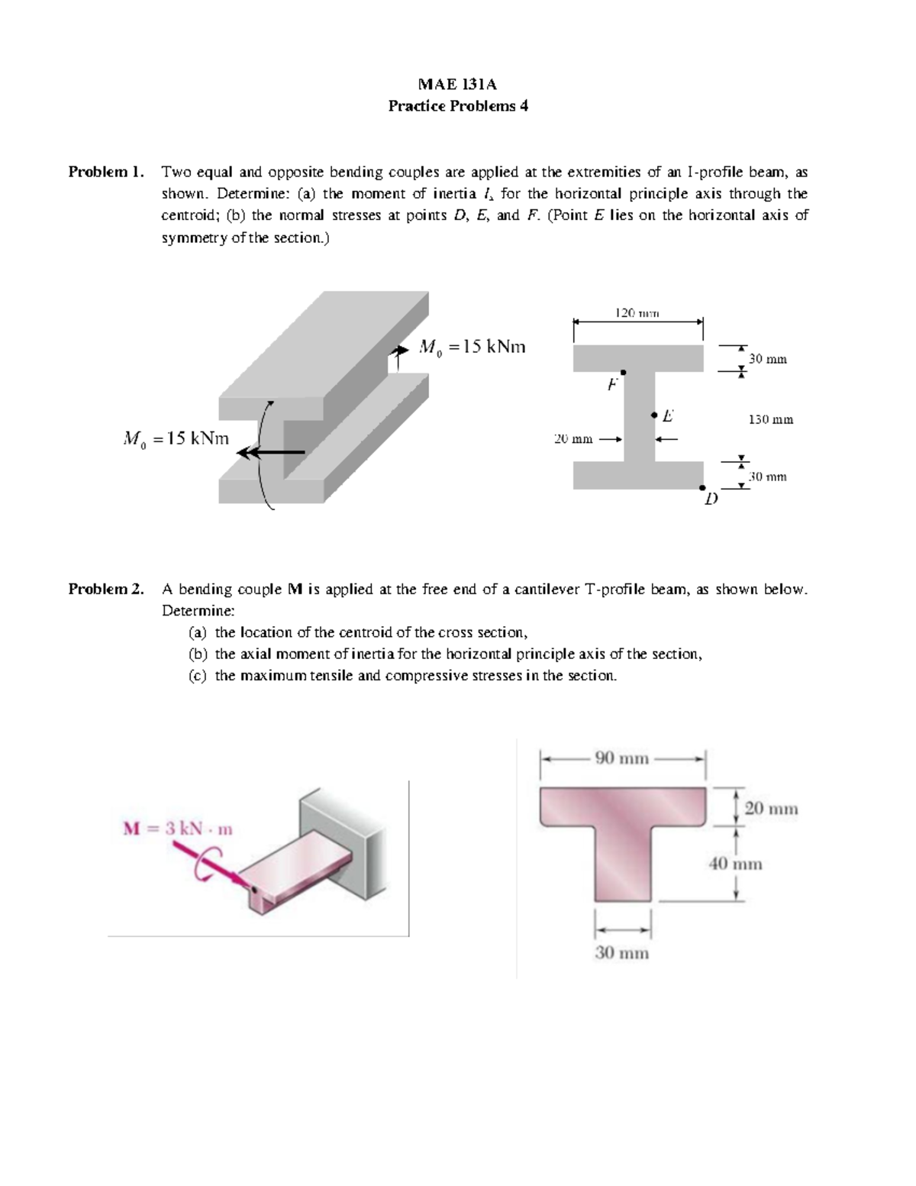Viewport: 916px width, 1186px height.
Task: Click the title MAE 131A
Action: click(457, 84)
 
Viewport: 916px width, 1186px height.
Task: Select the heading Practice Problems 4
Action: click(457, 106)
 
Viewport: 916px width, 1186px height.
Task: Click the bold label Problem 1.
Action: click(106, 172)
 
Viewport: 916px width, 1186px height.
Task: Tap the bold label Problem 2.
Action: click(106, 589)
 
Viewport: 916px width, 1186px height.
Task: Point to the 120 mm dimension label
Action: click(637, 312)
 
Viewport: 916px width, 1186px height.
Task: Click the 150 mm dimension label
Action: click(770, 419)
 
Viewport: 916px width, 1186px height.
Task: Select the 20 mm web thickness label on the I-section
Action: click(572, 439)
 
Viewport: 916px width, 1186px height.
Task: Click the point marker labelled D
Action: click(702, 487)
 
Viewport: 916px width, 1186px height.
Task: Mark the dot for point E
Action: click(654, 415)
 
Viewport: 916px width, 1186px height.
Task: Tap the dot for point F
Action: click(623, 372)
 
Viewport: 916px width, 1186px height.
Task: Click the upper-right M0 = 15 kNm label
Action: click(473, 347)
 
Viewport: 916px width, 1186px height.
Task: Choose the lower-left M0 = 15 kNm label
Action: click(176, 438)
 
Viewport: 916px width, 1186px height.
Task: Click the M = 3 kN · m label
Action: click(178, 829)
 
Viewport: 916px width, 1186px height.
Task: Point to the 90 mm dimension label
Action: click(621, 758)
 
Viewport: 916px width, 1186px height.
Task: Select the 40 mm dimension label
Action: click(736, 864)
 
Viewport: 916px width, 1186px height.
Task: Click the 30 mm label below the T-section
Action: click(621, 952)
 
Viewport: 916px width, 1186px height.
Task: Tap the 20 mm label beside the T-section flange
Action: click(771, 808)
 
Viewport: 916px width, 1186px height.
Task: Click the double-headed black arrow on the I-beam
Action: click(271, 453)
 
